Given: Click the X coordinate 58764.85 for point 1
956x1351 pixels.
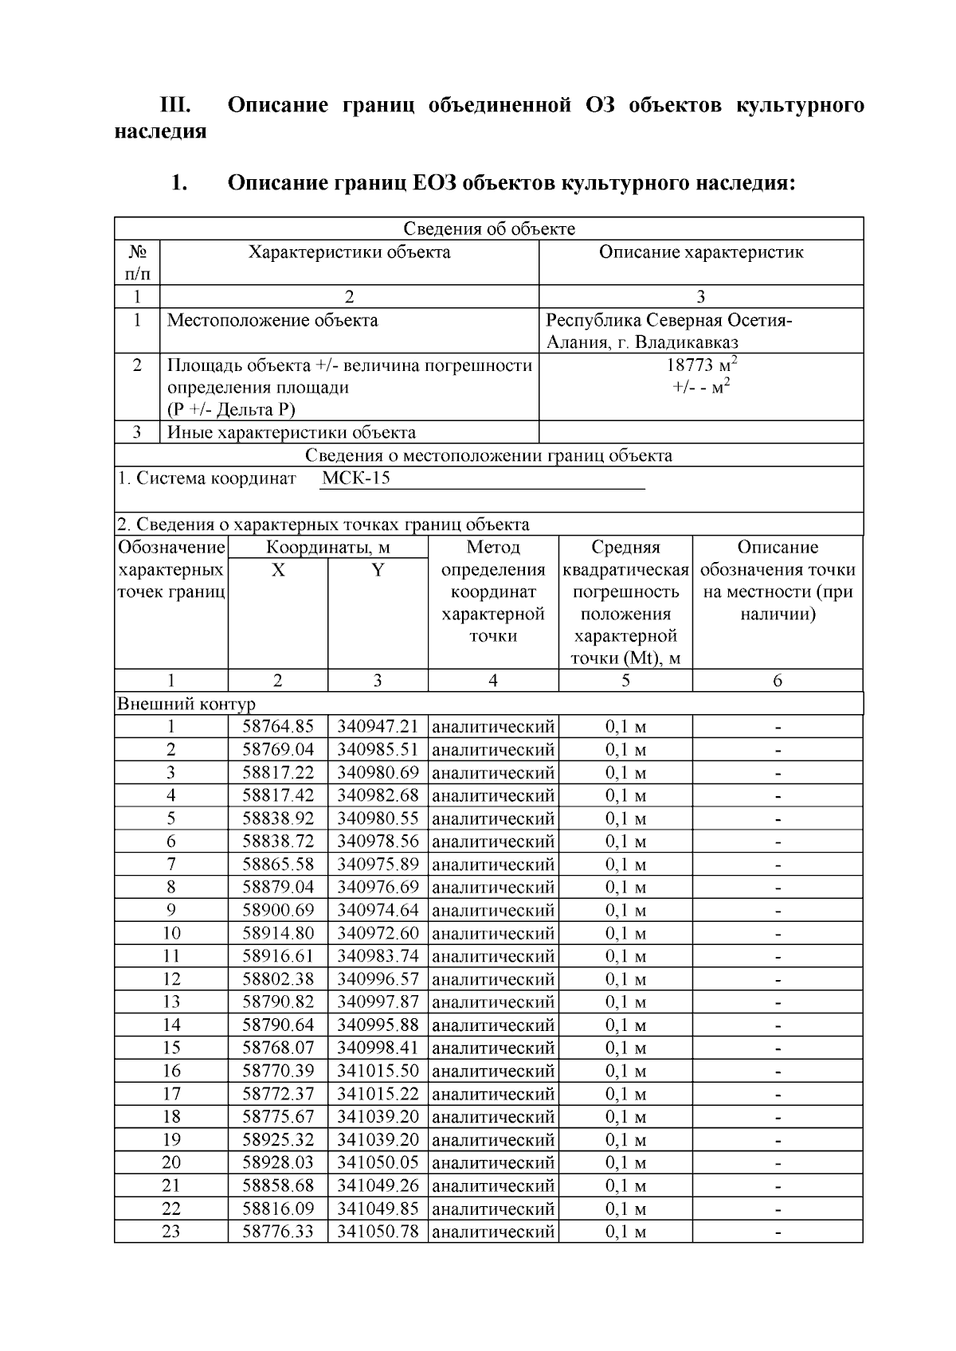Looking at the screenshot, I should pos(278,726).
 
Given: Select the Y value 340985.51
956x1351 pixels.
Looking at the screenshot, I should pos(378,749).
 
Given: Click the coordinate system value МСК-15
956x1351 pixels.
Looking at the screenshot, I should pos(356,478).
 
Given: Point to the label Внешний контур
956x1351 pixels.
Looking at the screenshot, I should pos(186,704).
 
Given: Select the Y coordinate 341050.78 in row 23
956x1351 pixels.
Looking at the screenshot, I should pos(378,1232).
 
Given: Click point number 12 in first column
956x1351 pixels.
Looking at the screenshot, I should pos(171,978).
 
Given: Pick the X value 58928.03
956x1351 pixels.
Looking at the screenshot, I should pos(278,1162).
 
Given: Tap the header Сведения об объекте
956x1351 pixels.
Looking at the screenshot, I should pos(489,229).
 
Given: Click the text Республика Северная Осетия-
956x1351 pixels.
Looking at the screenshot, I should pos(669,320).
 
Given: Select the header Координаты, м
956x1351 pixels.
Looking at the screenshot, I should pos(328,547).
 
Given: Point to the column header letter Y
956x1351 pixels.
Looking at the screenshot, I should pos(378,570).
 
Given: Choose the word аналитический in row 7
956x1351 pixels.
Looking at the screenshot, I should pos(493,864).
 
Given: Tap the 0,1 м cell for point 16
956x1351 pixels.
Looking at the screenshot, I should pos(625,1071).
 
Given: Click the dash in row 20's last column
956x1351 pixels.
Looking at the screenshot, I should pos(778,1163).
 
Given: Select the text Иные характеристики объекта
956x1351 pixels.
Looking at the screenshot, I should pos(291,432).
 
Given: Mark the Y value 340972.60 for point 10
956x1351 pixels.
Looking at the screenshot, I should pos(378,933).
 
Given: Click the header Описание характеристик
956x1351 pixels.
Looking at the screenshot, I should pos(701,252).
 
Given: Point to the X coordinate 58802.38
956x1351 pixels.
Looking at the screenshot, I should pos(278,978).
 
